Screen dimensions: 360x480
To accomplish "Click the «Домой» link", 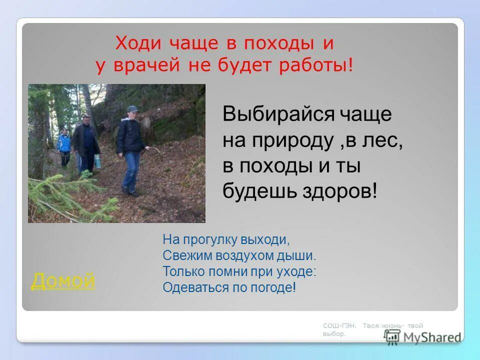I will (63, 281).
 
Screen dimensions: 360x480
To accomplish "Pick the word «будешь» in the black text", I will (253, 191).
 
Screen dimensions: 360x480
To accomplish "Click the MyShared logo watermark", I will (423, 337).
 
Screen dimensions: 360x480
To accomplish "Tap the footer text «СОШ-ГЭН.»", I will (339, 326).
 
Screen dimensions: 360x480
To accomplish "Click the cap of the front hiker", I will (132, 108).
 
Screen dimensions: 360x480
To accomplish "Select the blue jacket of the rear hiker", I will (63, 143).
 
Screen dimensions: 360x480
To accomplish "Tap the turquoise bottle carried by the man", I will (97, 161).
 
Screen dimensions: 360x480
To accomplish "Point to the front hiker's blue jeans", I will (132, 170).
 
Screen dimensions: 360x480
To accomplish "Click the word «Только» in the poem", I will (178, 272).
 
